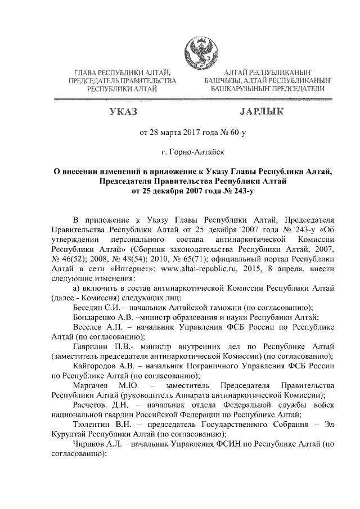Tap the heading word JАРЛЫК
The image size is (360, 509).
(262, 112)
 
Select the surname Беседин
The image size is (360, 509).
(89, 307)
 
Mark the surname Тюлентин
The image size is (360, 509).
(92, 425)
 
